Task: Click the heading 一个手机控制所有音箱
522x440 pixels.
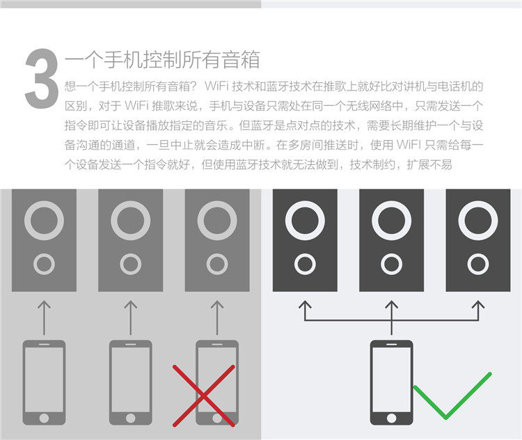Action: click(161, 61)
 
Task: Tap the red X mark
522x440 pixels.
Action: click(203, 395)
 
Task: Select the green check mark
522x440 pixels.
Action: click(452, 395)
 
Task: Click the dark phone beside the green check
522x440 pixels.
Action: click(391, 382)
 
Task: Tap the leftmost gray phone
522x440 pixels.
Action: click(44, 382)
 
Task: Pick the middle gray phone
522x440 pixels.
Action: click(130, 382)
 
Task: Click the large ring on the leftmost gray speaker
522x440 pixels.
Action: click(44, 221)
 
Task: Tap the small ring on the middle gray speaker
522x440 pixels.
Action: click(130, 264)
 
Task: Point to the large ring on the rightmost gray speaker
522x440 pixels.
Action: click(216, 221)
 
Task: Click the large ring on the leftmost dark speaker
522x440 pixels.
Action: click(304, 221)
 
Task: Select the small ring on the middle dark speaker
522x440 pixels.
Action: click(391, 264)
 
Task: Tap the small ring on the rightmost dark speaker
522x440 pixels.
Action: click(477, 264)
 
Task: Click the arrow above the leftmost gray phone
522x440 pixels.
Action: click(44, 315)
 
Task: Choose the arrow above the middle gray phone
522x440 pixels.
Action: click(130, 315)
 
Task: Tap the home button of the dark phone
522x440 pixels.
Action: click(391, 418)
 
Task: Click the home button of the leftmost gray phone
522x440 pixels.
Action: click(44, 418)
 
